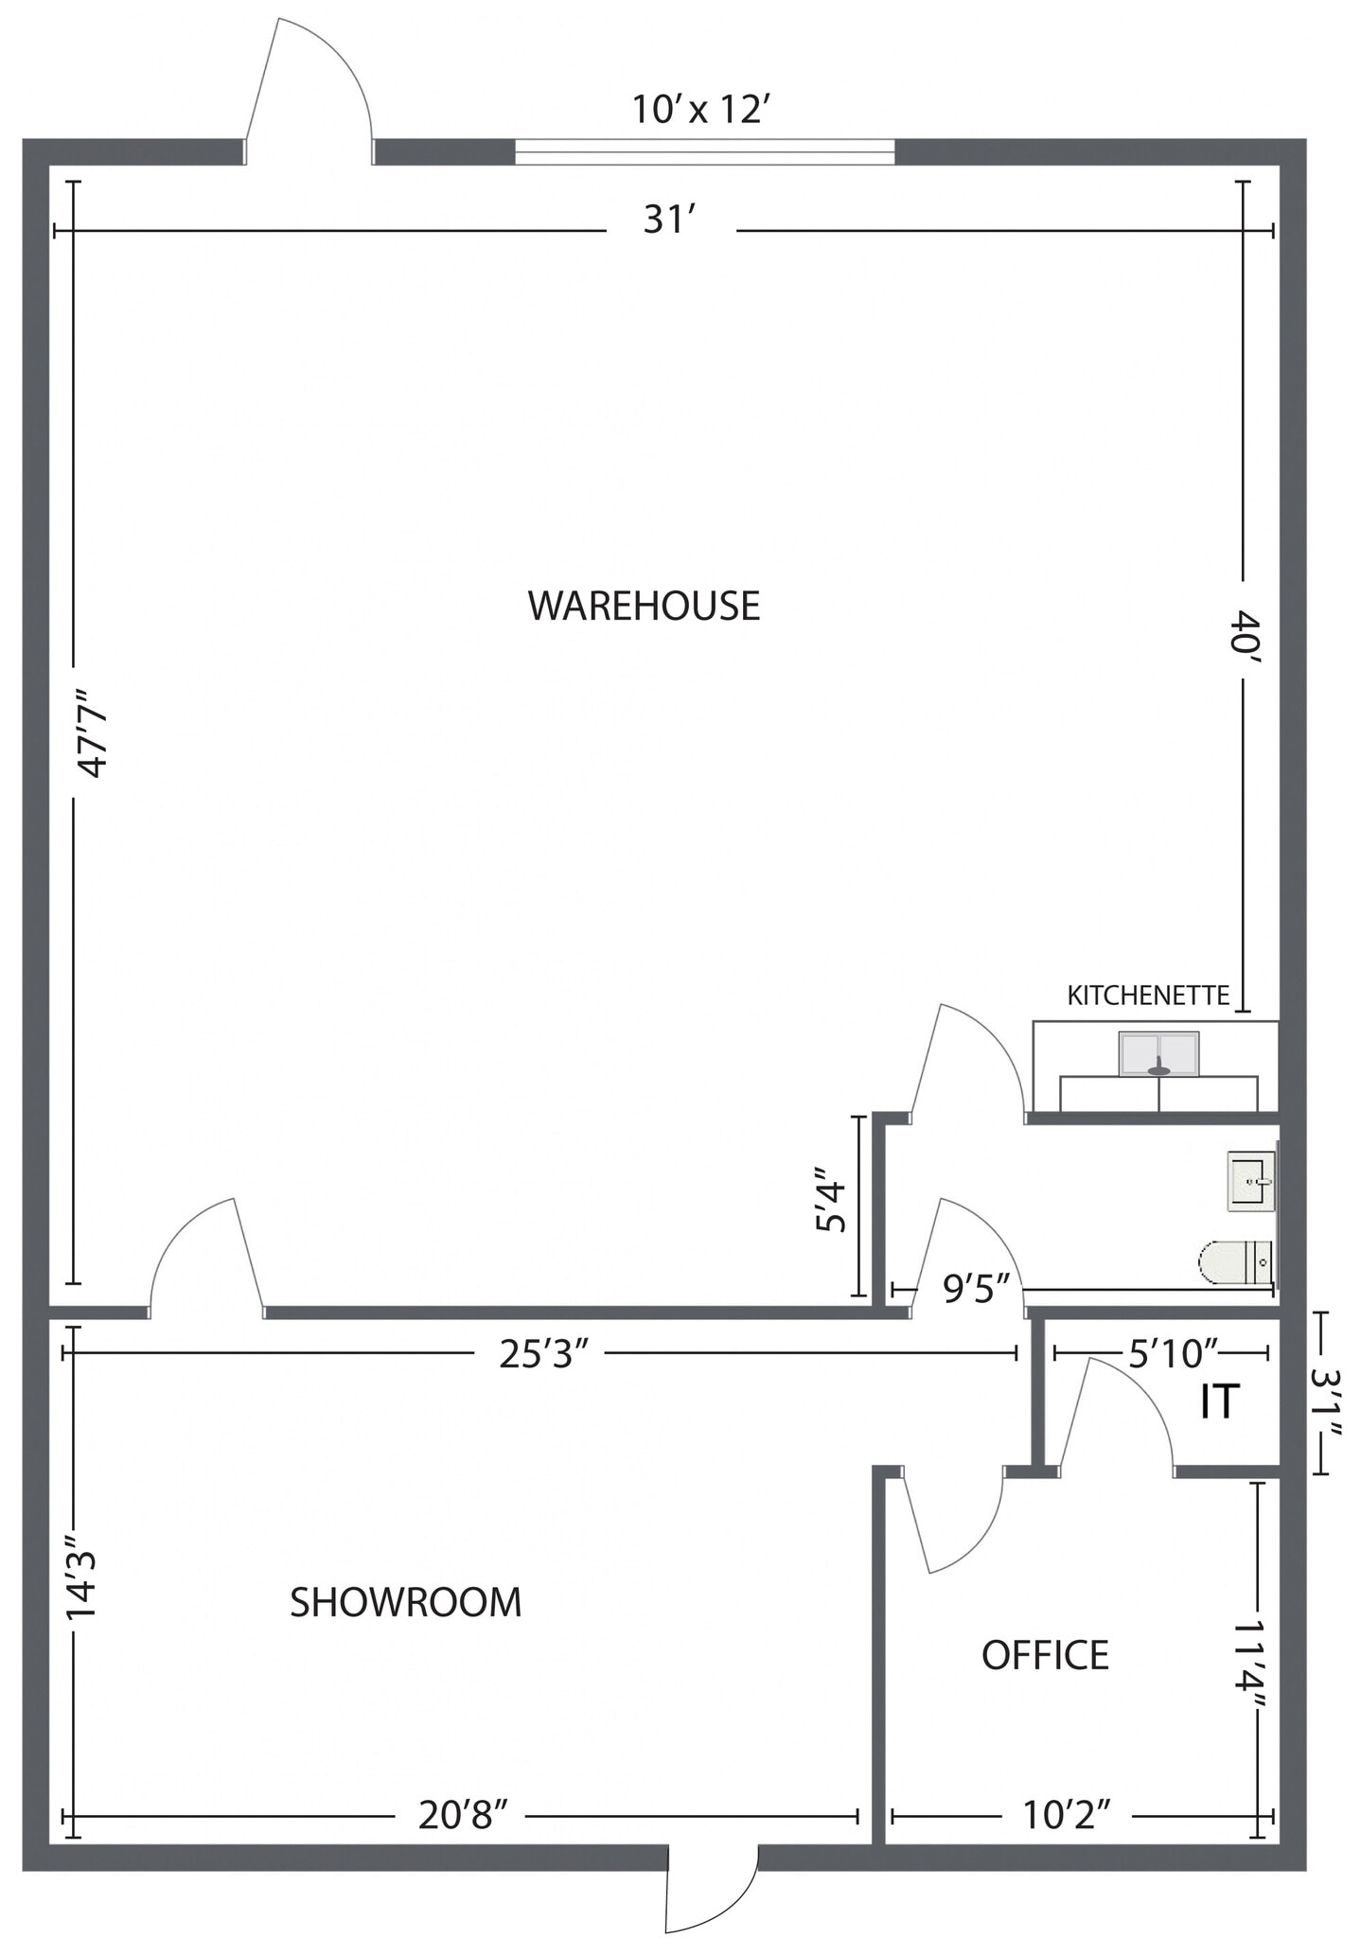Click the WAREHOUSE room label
(644, 606)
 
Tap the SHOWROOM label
(405, 1602)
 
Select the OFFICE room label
(1045, 1655)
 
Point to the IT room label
(1219, 1401)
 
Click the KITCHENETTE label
(1148, 995)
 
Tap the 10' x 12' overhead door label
(698, 110)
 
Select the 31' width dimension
(670, 220)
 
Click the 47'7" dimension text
(95, 732)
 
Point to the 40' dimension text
(1245, 632)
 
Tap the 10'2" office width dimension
(1066, 1816)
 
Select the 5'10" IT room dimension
(1173, 1354)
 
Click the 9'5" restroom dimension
(977, 1289)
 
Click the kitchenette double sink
(1158, 1054)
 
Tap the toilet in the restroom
(1234, 1262)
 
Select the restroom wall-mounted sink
(1250, 1181)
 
